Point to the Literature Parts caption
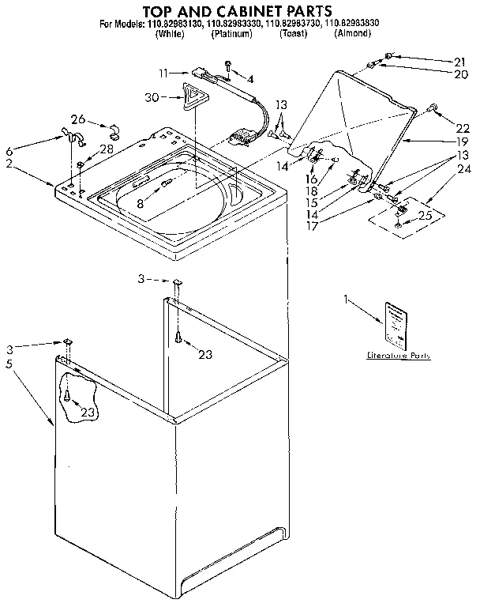(x=399, y=356)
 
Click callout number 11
(x=163, y=73)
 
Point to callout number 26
(x=78, y=119)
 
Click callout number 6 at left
(x=9, y=150)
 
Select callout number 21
(x=460, y=62)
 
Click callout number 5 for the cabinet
(x=9, y=364)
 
